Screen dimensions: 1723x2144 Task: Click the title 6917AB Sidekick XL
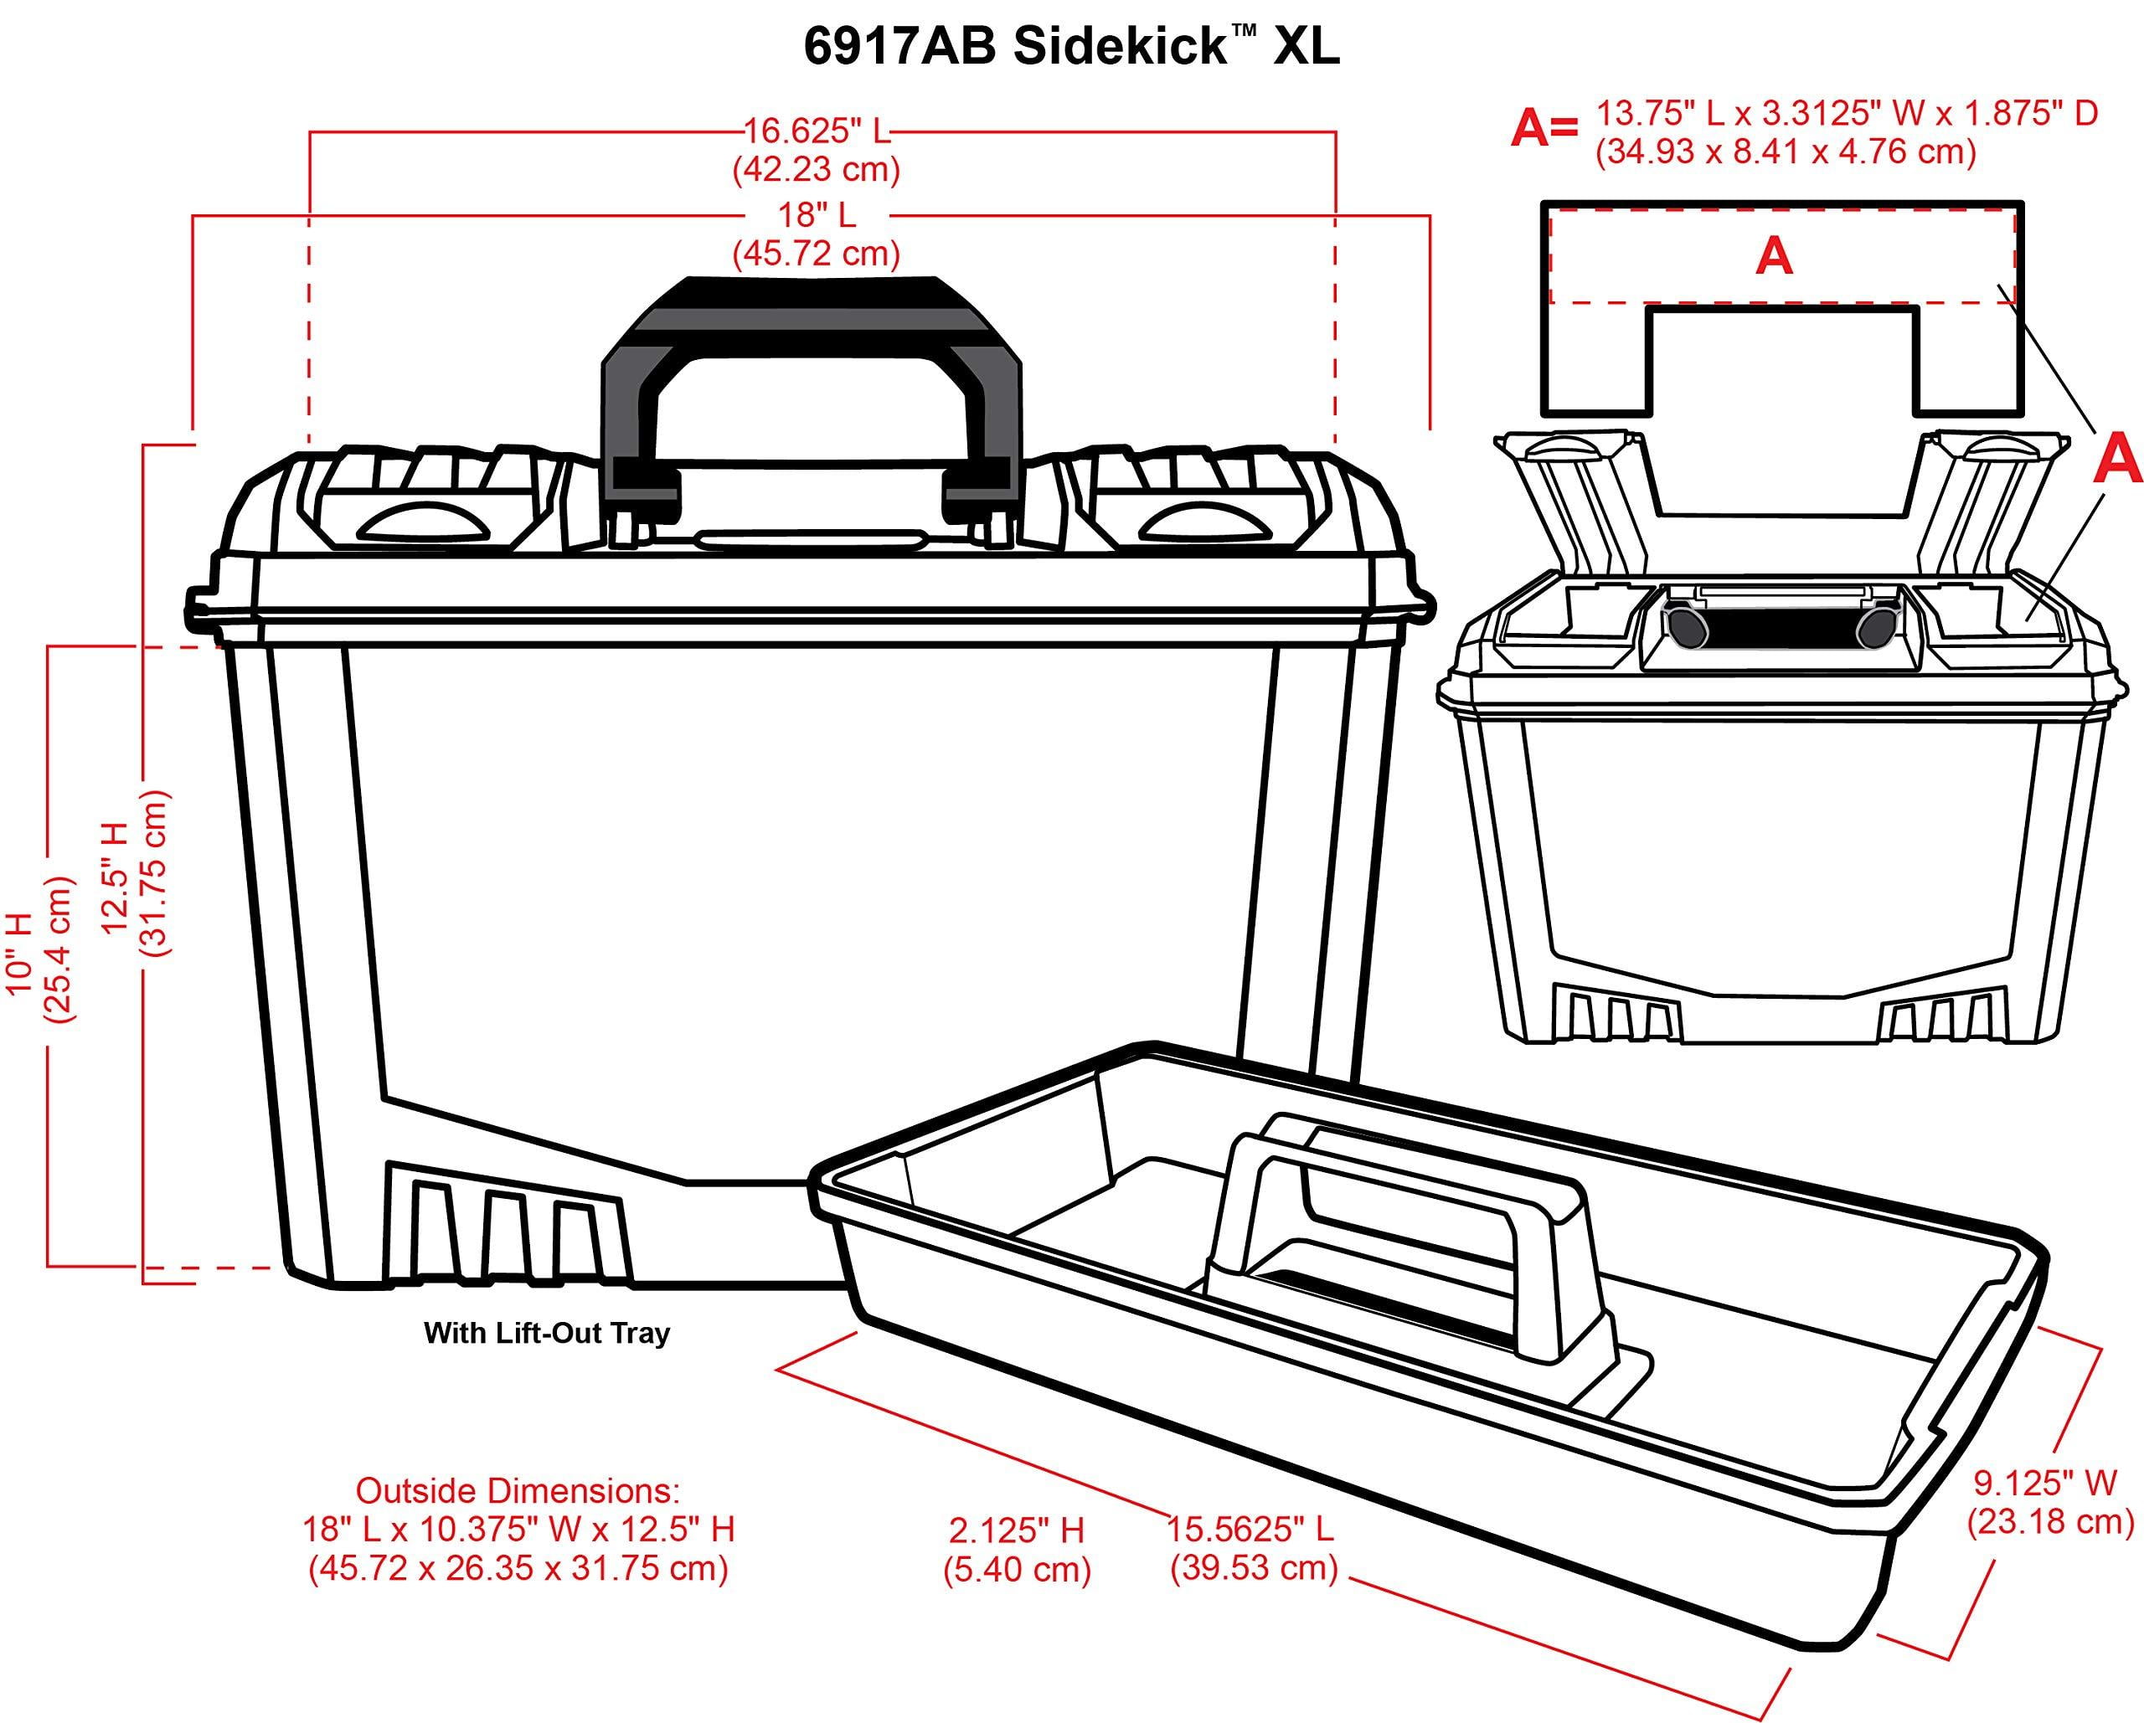[x=1071, y=48]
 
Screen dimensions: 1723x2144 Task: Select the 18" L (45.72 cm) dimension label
[x=816, y=234]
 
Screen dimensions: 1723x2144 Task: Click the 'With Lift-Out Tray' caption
[x=547, y=1333]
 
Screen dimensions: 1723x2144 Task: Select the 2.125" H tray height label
[x=1017, y=1548]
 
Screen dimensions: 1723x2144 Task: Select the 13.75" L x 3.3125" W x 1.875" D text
[x=1847, y=113]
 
